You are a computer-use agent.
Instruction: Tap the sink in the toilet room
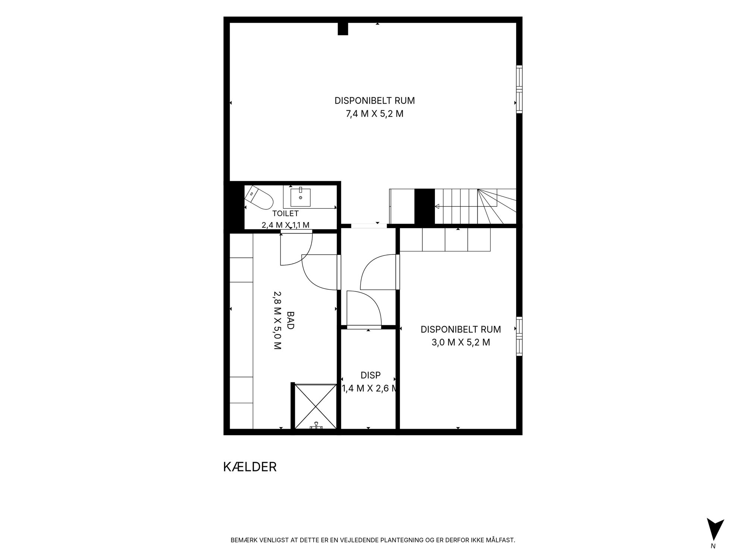pos(300,197)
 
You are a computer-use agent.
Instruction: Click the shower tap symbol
pos(316,426)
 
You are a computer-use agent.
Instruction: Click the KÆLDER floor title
pos(250,467)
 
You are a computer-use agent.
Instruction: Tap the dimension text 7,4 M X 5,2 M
pos(374,114)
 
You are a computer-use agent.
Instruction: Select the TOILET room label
pos(285,214)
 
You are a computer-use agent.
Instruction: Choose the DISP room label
pos(370,375)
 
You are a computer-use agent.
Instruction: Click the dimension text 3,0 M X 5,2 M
pos(461,342)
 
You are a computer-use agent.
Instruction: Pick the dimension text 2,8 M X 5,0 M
pos(277,320)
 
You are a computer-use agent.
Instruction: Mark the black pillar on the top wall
pos(343,29)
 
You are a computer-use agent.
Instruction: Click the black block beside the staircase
pos(424,206)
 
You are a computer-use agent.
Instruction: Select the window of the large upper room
pos(519,89)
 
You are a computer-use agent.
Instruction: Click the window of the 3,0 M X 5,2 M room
pos(519,336)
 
